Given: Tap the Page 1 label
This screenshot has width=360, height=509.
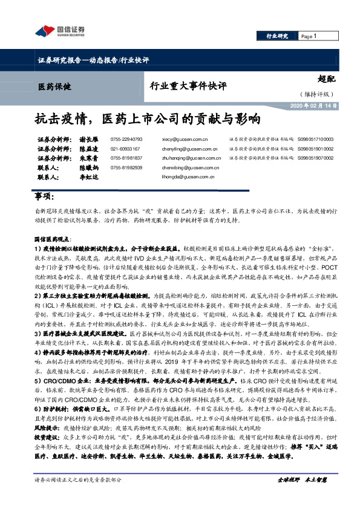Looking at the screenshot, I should pos(310,36).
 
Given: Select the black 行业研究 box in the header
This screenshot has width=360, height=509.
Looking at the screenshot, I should pos(278,36).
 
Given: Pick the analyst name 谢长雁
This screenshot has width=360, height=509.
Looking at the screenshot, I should pos(89,138).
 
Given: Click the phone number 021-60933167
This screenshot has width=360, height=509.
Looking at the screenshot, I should pos(125,148).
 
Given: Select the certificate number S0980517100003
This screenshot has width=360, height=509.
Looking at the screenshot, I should pos(315,138).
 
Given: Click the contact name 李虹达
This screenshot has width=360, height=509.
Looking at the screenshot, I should pos(89,178).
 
